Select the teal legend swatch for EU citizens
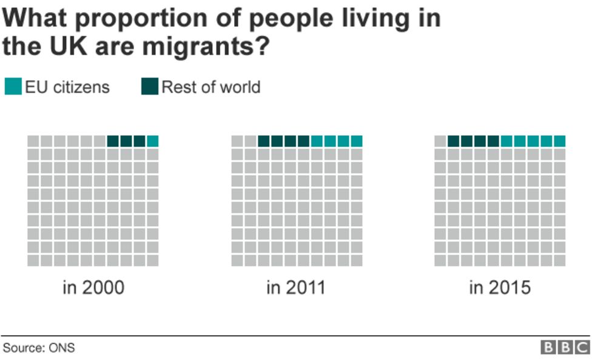(12, 87)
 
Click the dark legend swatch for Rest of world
(149, 87)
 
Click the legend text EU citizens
(67, 87)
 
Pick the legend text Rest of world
(210, 87)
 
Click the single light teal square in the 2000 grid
(152, 141)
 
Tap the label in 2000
(93, 287)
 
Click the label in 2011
(296, 287)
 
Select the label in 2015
(500, 287)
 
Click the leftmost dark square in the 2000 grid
(113, 141)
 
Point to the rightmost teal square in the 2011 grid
(357, 141)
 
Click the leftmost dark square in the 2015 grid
(454, 141)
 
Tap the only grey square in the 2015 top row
(440, 141)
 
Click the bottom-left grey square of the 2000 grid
(33, 261)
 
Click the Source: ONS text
(39, 348)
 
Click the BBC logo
(565, 347)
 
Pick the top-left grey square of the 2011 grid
(237, 141)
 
